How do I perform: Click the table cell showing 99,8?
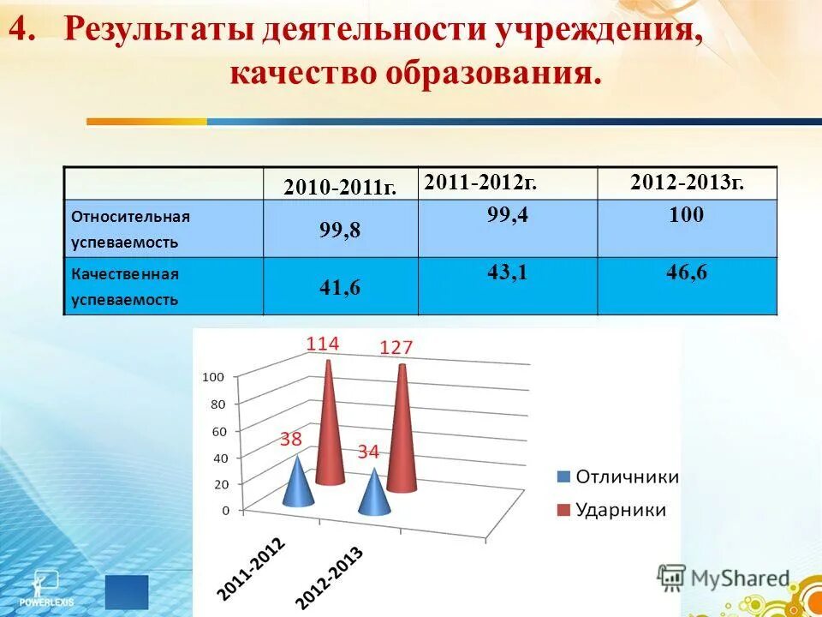click(340, 230)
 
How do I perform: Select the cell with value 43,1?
click(507, 273)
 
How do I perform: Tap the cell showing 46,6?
click(687, 273)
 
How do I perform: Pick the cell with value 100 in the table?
click(687, 215)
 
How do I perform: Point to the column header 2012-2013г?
click(687, 182)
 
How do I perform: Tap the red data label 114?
click(323, 344)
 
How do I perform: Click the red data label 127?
click(396, 347)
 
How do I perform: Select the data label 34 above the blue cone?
click(368, 452)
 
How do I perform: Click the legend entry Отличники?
click(617, 477)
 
